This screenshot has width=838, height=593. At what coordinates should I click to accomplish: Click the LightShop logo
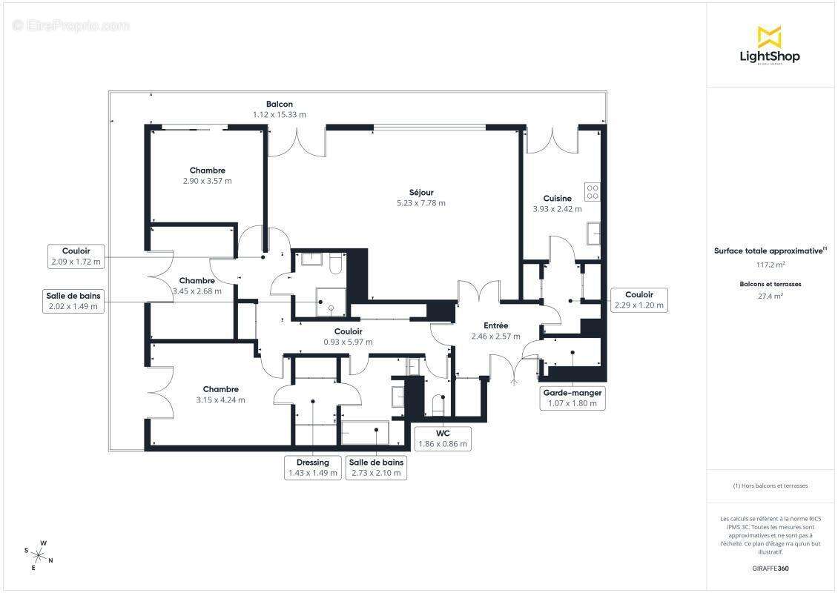click(x=770, y=46)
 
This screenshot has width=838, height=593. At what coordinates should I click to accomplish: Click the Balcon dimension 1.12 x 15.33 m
click(x=280, y=114)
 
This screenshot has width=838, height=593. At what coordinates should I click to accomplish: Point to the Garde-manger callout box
click(x=573, y=398)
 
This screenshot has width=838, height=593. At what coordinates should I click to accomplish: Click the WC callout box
click(x=443, y=439)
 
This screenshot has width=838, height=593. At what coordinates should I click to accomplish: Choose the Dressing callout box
click(x=313, y=468)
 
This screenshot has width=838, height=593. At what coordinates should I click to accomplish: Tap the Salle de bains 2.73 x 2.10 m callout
click(x=376, y=468)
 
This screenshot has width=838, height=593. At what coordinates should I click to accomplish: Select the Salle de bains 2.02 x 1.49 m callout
click(x=73, y=301)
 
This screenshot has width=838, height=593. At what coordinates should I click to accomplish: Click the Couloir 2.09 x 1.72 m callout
click(x=76, y=256)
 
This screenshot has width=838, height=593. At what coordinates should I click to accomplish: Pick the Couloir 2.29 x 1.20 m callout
click(x=639, y=299)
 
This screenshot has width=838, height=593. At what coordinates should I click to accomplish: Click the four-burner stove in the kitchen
click(x=592, y=192)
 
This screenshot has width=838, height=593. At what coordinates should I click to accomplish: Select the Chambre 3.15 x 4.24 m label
click(x=221, y=394)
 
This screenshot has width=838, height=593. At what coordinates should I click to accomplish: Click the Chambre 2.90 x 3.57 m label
click(x=208, y=175)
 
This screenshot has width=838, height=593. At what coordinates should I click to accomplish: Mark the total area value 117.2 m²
click(x=770, y=265)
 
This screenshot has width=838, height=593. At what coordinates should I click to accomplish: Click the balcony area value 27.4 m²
click(x=770, y=296)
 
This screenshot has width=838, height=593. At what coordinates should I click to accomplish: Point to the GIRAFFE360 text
click(x=770, y=569)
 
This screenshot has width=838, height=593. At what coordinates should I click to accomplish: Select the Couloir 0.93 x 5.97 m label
click(x=349, y=337)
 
